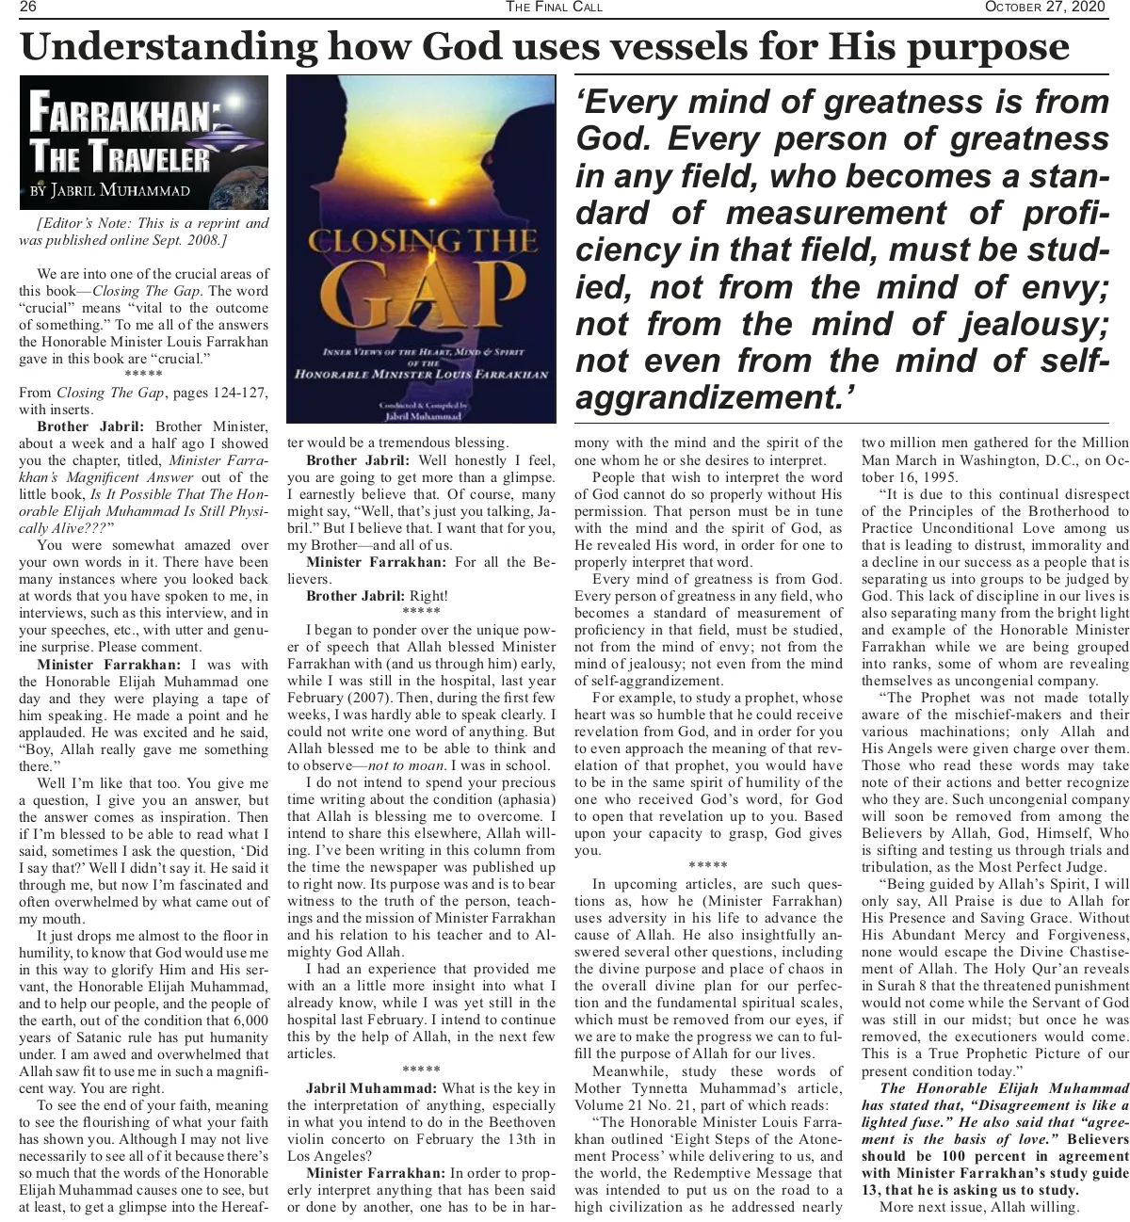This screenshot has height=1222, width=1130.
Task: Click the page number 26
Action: point(27,8)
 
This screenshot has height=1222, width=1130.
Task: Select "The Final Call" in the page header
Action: point(554,8)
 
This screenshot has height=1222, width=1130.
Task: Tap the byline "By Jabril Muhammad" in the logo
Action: point(110,191)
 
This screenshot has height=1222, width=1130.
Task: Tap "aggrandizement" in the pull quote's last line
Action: point(705,397)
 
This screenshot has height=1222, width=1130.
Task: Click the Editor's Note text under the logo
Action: point(144,232)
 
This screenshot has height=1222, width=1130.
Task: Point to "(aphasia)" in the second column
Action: point(524,799)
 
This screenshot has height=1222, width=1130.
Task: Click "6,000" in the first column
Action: point(249,1021)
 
